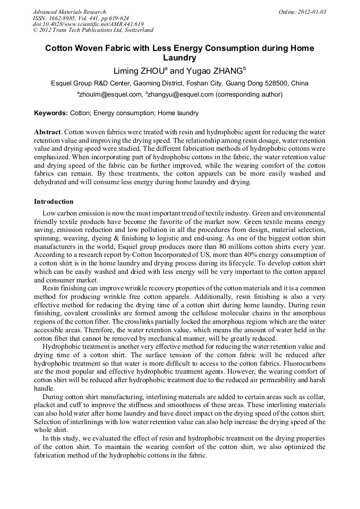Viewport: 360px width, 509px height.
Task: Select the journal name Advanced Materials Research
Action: click(x=70, y=12)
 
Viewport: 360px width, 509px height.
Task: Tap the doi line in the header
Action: click(x=88, y=24)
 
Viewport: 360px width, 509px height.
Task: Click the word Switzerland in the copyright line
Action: click(x=135, y=30)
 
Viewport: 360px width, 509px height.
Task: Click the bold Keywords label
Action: click(x=51, y=113)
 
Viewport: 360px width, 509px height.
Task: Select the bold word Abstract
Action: click(x=48, y=131)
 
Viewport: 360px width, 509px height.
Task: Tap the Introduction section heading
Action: click(x=54, y=202)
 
